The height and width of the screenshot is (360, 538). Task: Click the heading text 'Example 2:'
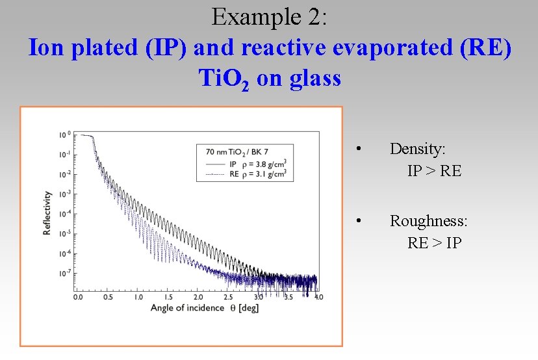point(269,17)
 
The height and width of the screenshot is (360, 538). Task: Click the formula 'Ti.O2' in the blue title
point(223,79)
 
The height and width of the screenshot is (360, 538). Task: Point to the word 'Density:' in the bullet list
point(417,149)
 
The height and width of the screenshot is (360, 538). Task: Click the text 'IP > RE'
point(434,171)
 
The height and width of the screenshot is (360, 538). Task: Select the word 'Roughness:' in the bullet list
point(428,221)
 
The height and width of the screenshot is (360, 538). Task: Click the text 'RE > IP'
point(434,243)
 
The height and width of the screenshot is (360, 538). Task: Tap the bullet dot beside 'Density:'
point(359,149)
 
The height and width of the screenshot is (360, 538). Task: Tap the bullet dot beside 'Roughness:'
point(359,222)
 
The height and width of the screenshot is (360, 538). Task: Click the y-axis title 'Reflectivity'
point(47,212)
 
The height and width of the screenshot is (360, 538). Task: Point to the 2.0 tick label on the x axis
point(198,297)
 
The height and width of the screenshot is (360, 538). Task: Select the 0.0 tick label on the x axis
point(77,297)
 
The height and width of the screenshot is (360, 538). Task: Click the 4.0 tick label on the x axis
point(318,297)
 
